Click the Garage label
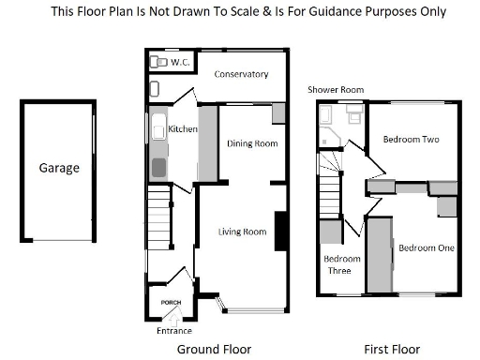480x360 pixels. [59, 169]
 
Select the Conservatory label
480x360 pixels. [241, 74]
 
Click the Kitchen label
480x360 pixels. [183, 128]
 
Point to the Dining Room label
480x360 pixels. [253, 143]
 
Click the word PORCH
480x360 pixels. [171, 302]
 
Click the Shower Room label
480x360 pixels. [335, 90]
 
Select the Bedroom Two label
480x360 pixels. [412, 140]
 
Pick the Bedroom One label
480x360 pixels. [426, 248]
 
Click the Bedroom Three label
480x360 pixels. [337, 264]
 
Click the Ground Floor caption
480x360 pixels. [215, 349]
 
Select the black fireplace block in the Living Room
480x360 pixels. [280, 232]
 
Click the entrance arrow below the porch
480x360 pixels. [171, 320]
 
